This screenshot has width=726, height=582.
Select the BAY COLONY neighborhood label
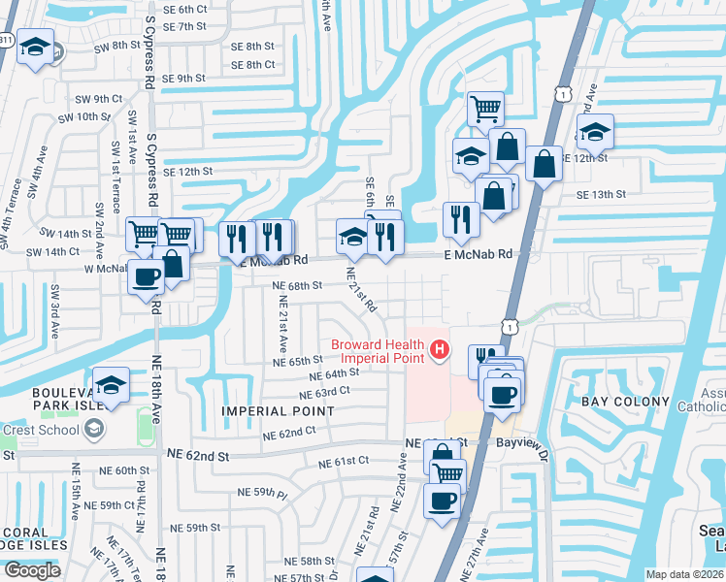625,402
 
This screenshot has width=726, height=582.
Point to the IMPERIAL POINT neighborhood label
278,411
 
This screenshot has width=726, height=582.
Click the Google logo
32,570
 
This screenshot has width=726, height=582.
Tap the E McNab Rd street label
478,254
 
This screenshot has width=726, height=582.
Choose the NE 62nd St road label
196,455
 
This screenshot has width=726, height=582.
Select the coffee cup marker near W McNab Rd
147,276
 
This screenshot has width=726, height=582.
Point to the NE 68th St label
297,286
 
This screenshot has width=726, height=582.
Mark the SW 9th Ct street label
101,99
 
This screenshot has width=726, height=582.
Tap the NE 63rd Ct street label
324,391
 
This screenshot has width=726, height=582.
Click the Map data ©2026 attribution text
685,574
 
